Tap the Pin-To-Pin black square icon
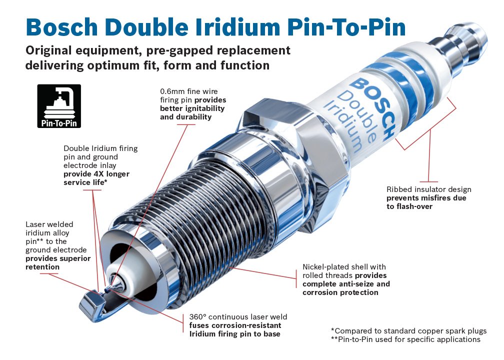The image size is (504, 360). coord(59,105)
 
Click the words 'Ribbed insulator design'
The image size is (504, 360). coord(428,189)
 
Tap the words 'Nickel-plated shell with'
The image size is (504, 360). coord(344,267)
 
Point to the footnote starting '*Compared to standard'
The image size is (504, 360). coord(408,331)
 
